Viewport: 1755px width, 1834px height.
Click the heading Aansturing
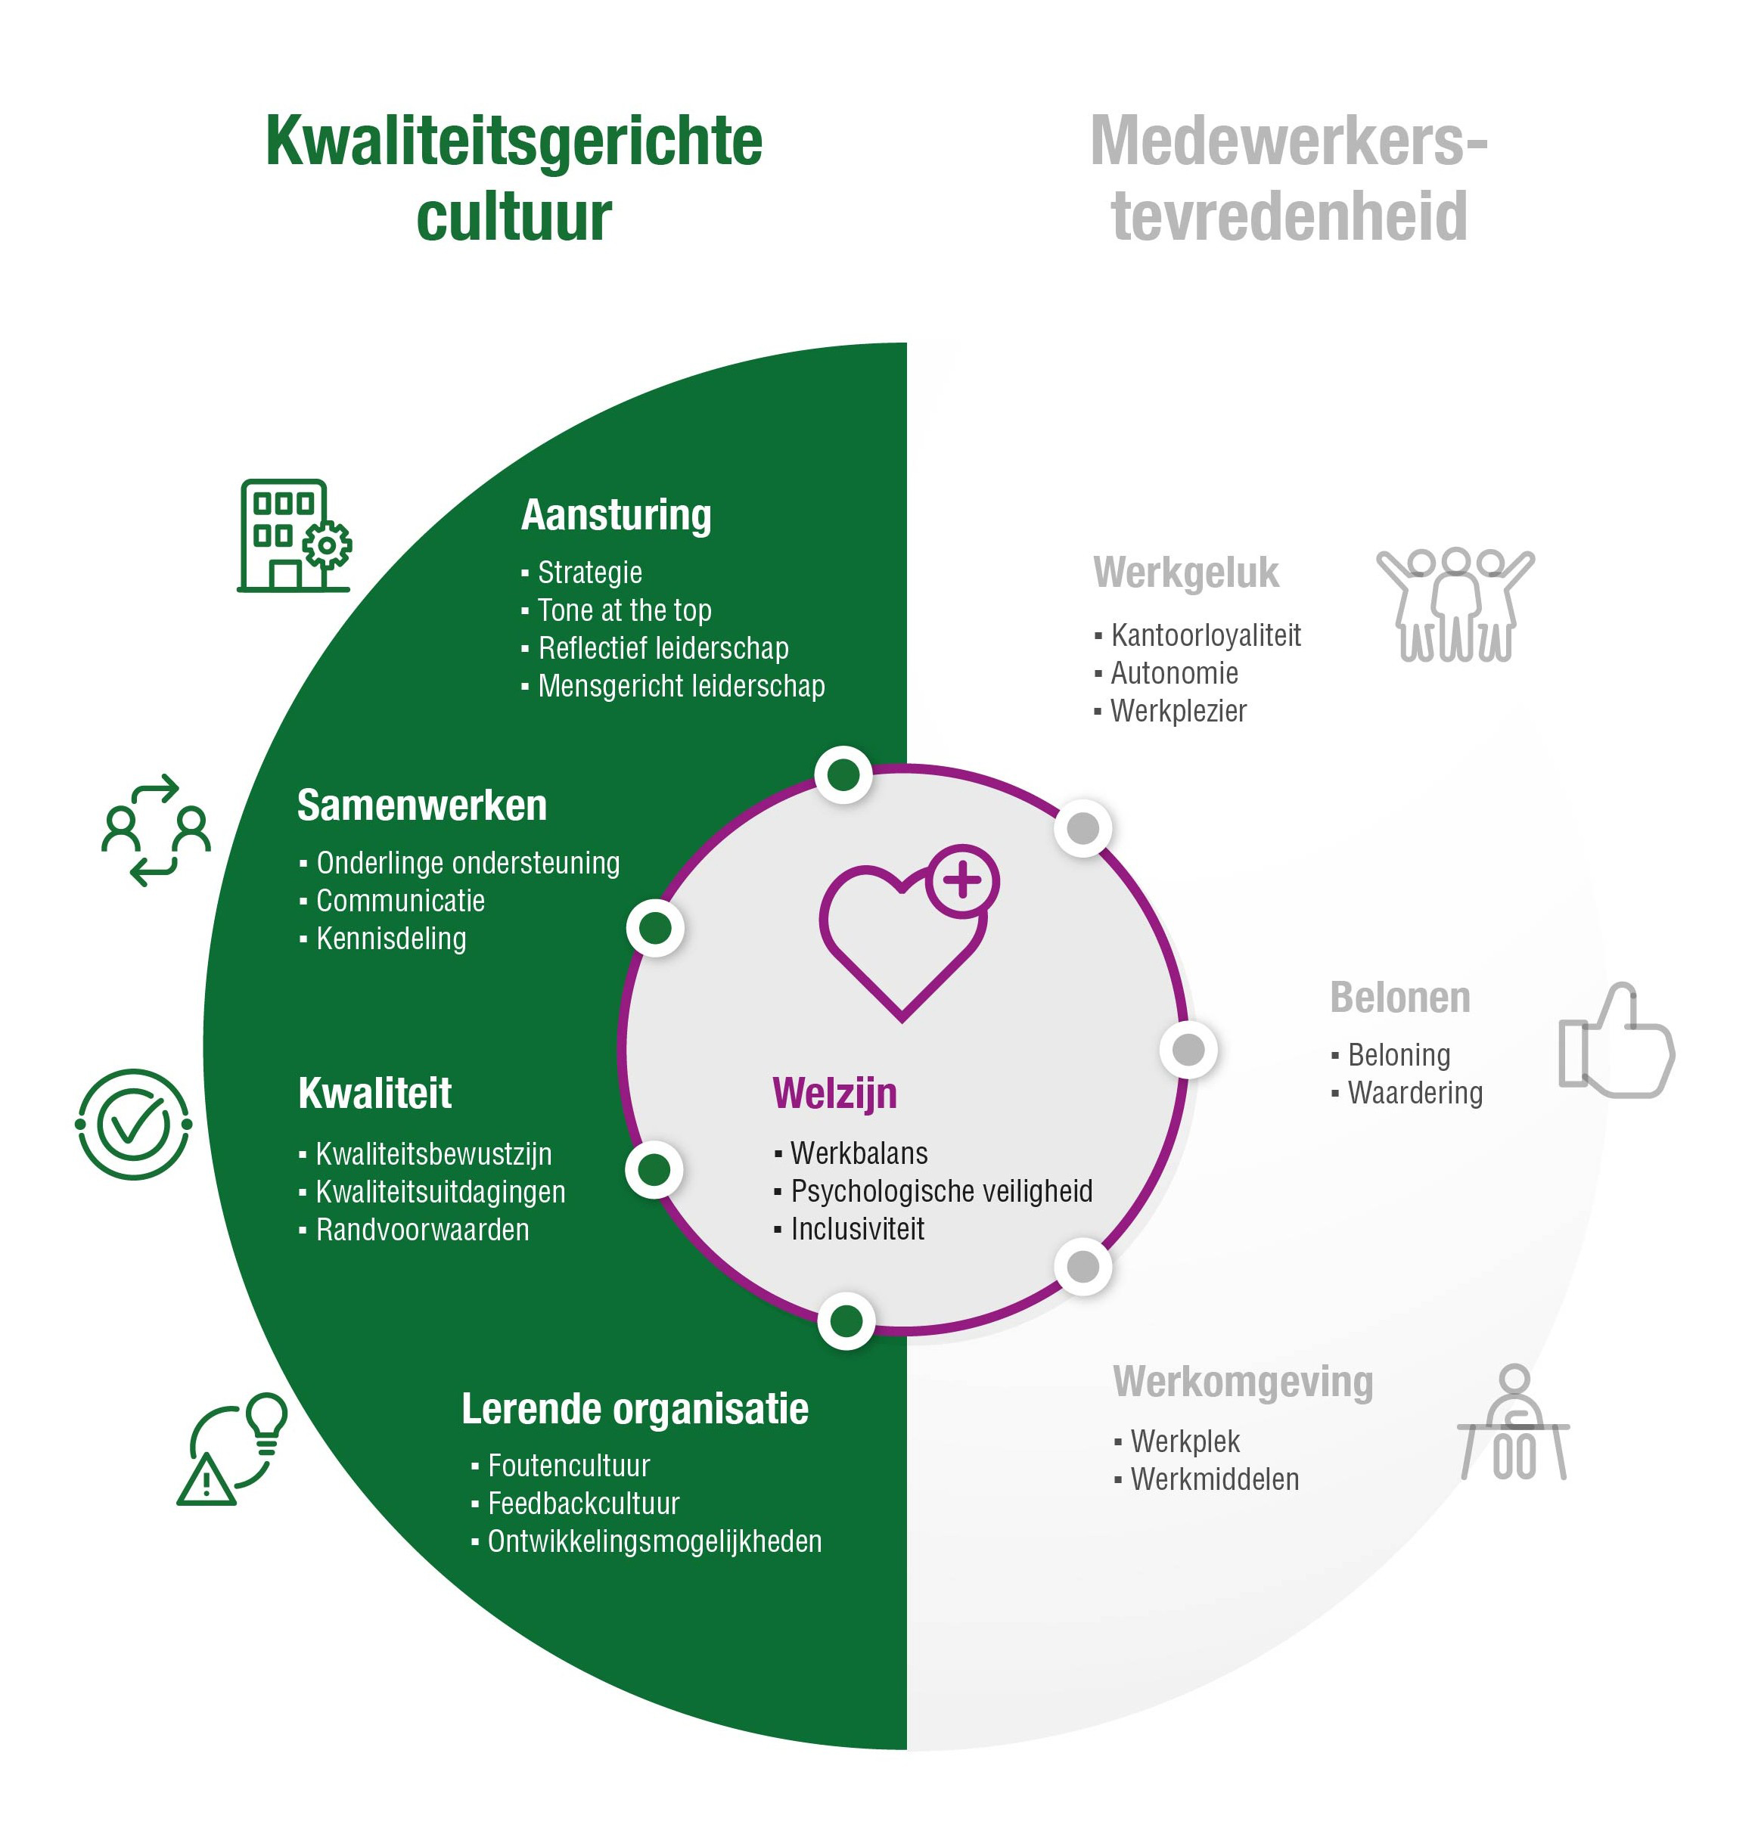(616, 515)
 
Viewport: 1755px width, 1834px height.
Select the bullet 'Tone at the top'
(624, 611)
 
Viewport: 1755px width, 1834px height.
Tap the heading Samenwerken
(422, 805)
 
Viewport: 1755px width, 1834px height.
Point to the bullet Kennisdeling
(391, 939)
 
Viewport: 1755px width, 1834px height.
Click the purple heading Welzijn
(834, 1094)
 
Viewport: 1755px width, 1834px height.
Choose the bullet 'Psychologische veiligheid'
(941, 1191)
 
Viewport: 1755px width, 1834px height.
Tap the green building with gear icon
(294, 536)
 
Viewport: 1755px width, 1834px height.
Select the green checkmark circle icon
(134, 1124)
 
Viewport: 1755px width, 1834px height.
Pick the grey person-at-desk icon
(1513, 1423)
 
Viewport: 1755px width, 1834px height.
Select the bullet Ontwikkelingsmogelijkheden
(654, 1542)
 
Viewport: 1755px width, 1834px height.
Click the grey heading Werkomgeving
(1242, 1382)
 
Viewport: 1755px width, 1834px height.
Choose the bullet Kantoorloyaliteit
(1205, 636)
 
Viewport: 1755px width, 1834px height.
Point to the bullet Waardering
(1415, 1094)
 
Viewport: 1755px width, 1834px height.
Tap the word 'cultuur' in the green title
(514, 217)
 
